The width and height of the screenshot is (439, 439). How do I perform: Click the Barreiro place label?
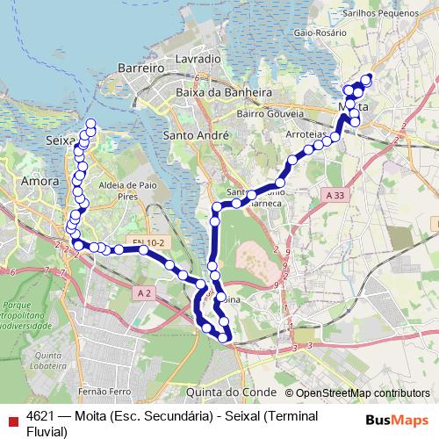pyautogui.click(x=141, y=67)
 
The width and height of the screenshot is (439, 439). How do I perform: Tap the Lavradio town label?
pyautogui.click(x=198, y=58)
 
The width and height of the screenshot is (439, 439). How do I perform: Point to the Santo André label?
pyautogui.click(x=196, y=135)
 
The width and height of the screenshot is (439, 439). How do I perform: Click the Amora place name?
pyautogui.click(x=39, y=180)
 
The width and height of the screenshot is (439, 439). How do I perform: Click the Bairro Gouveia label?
pyautogui.click(x=269, y=113)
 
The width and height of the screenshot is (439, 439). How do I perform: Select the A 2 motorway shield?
pyautogui.click(x=145, y=291)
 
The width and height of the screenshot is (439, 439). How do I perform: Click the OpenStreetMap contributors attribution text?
pyautogui.click(x=363, y=393)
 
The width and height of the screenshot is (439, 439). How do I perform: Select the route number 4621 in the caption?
pyautogui.click(x=41, y=415)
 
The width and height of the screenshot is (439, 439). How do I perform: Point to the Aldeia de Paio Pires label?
pyautogui.click(x=128, y=191)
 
